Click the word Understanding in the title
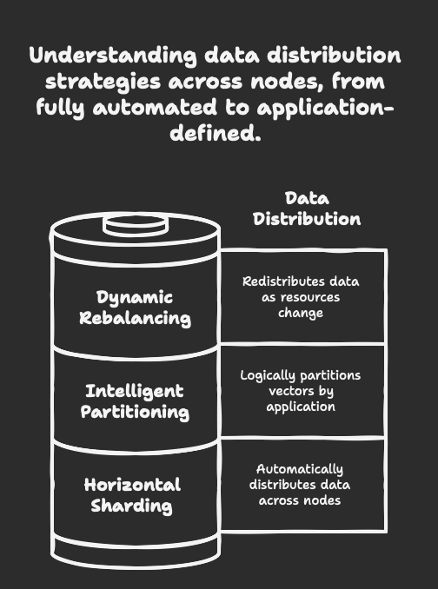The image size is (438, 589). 113,56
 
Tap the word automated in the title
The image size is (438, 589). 155,107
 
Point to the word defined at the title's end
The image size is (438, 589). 216,133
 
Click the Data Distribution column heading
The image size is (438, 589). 307,208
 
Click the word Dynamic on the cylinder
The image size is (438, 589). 135,298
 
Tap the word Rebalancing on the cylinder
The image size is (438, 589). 136,318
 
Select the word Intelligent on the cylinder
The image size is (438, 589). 135,392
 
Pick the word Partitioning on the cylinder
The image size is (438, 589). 135,412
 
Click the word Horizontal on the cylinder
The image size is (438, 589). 132,485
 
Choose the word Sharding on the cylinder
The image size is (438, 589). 132,506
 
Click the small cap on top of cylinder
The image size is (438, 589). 136,226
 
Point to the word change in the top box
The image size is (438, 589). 301,313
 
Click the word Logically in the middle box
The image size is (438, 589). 263,375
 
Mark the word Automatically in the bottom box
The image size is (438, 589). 300,469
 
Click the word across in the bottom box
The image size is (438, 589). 277,500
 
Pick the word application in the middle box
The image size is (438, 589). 301,407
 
